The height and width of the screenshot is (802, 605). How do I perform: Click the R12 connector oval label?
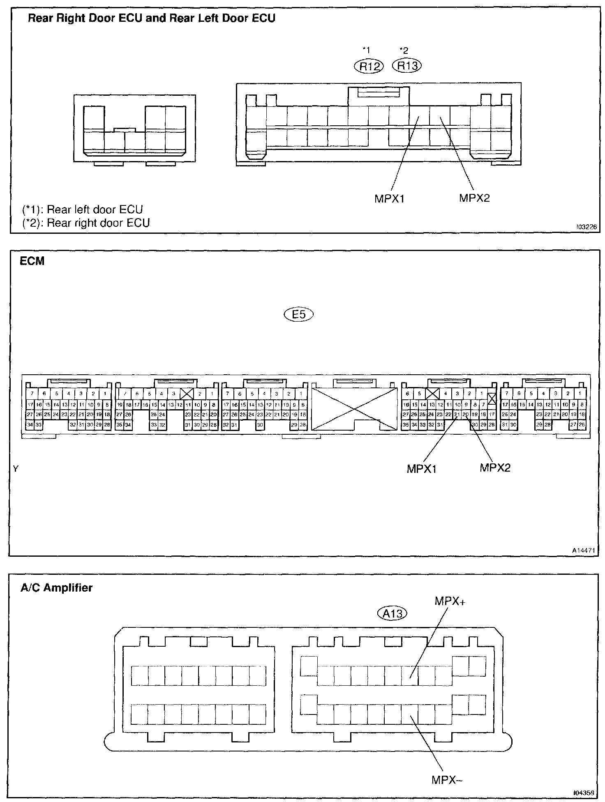coord(369,66)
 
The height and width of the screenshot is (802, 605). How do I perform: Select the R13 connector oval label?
coord(407,66)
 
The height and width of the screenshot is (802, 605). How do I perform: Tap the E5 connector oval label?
coord(298,315)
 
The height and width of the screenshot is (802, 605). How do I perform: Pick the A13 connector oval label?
coord(392,613)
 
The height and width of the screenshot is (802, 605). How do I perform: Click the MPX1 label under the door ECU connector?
coord(390,199)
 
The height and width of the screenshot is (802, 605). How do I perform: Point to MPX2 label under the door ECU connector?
coord(474,198)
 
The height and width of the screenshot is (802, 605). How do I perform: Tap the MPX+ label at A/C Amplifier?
coord(450,601)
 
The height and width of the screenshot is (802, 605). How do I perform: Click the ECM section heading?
coord(32,261)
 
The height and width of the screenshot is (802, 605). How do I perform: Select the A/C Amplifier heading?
coord(56,588)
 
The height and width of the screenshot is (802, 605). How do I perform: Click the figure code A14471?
coord(584,550)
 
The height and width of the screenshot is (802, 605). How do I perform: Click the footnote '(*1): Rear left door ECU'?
coord(83,210)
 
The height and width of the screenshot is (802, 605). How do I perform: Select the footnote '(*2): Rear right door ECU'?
coord(86,223)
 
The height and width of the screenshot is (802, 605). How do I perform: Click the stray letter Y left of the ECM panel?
coord(16,468)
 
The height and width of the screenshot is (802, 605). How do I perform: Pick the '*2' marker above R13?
coord(404,51)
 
